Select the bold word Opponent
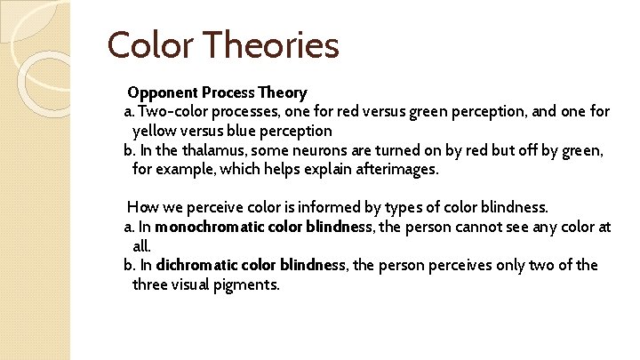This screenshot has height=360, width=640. [x=163, y=92]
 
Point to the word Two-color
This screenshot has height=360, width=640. [x=174, y=112]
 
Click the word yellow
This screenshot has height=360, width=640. [x=155, y=132]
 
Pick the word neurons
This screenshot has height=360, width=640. [x=319, y=150]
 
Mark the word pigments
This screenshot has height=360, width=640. [x=249, y=284]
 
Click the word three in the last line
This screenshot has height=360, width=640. [x=152, y=284]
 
